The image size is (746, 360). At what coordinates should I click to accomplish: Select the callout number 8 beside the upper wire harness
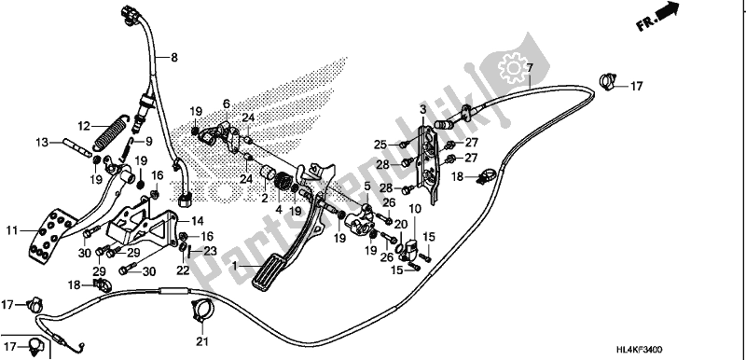tap(173, 57)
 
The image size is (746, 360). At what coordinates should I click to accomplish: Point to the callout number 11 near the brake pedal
tap(12, 229)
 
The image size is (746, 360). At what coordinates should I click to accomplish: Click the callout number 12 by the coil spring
tap(83, 126)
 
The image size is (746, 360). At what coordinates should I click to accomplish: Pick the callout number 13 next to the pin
tap(41, 143)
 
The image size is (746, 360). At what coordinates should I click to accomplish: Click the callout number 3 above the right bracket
tap(422, 111)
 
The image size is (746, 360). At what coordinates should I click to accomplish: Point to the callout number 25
tap(380, 144)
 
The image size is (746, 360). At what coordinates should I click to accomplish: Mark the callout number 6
tap(225, 103)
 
